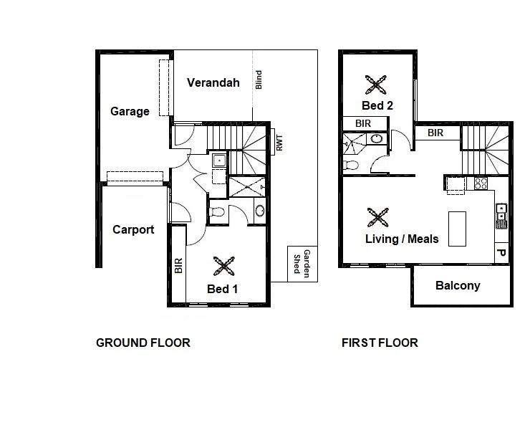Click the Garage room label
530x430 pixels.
click(130, 111)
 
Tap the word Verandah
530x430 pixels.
click(213, 82)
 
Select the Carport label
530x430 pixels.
click(133, 229)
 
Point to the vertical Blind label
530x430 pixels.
click(259, 80)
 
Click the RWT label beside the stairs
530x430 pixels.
click(279, 143)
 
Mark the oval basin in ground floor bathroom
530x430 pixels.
click(259, 211)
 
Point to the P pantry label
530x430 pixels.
click(501, 252)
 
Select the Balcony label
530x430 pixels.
click(458, 285)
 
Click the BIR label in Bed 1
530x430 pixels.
click(179, 266)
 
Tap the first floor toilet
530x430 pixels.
click(352, 165)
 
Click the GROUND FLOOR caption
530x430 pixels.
click(143, 343)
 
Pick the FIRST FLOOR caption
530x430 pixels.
click(380, 343)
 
